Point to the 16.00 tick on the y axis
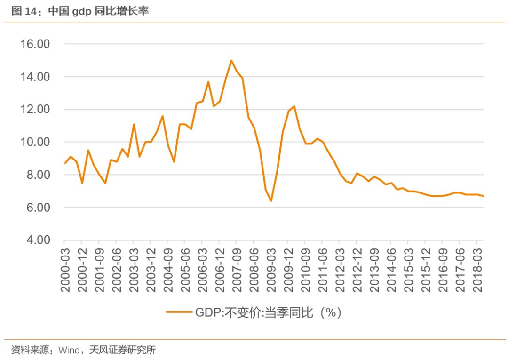click(34, 44)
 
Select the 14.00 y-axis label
click(34, 77)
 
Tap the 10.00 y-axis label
click(34, 142)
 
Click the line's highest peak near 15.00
click(231, 60)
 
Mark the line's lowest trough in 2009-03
click(271, 201)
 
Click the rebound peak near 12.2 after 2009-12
click(294, 106)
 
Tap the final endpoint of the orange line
click(483, 196)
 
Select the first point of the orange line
click(65, 163)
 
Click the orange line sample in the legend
click(179, 312)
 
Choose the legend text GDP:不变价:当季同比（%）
click(268, 312)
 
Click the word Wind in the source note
click(69, 350)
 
